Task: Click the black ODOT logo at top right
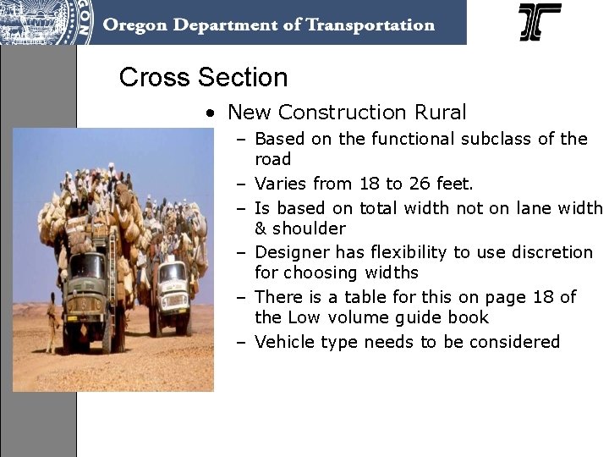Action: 540,22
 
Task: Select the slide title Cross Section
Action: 203,78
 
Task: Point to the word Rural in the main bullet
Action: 440,113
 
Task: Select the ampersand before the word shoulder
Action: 261,228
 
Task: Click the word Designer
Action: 292,252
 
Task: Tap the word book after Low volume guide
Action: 470,317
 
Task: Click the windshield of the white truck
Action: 173,272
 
